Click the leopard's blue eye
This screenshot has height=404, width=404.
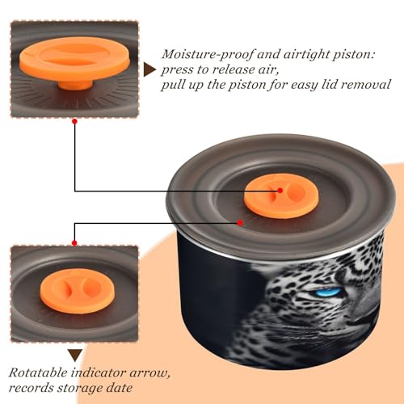pyautogui.click(x=330, y=292)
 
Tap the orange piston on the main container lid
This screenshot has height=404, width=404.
pyautogui.click(x=282, y=196)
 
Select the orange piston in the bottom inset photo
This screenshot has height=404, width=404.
pyautogui.click(x=78, y=291)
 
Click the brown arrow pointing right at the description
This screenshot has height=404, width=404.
pyautogui.click(x=149, y=69)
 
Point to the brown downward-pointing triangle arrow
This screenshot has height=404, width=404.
pyautogui.click(x=75, y=356)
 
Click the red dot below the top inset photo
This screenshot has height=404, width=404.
pyautogui.click(x=75, y=121)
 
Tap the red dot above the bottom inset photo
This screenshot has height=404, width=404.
pyautogui.click(x=74, y=243)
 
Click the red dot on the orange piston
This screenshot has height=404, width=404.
pyautogui.click(x=280, y=191)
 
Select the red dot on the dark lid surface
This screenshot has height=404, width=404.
pyautogui.click(x=240, y=223)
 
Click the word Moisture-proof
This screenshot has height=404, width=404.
pyautogui.click(x=208, y=55)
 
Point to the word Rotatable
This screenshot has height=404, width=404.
pyautogui.click(x=38, y=373)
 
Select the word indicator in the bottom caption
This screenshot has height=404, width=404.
pyautogui.click(x=99, y=373)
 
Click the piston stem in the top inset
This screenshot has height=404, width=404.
pyautogui.click(x=75, y=84)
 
